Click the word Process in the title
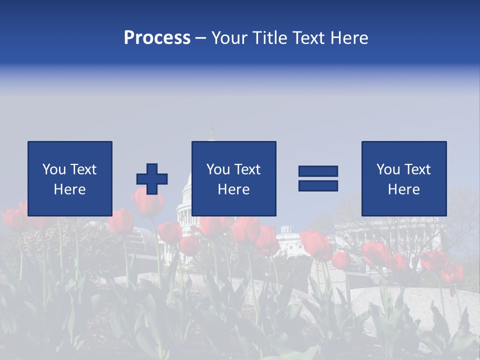coord(157,38)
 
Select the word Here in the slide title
coord(348,38)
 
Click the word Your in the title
coord(229,38)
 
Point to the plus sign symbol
coord(152,179)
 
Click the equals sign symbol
coord(318,178)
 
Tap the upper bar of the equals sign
coord(318,171)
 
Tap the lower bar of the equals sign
coord(318,185)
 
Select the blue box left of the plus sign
coord(70,178)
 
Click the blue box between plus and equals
coord(233,178)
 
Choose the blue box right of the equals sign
coord(404,178)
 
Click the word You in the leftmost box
coord(54,169)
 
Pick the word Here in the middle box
coord(233,189)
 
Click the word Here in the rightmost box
coord(404,189)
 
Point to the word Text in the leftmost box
coord(83,169)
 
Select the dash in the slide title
coord(201,38)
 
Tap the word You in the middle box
coord(218,169)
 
